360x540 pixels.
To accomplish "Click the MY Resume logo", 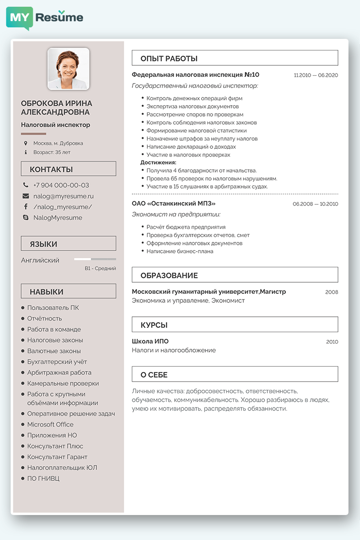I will pyautogui.click(x=45, y=18).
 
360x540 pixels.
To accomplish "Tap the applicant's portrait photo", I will pyautogui.click(x=69, y=69).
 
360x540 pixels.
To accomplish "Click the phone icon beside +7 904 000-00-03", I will pyautogui.click(x=25, y=185).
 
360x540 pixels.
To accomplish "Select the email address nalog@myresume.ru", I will pyautogui.click(x=63, y=196).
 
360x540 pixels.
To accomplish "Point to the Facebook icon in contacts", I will pyautogui.click(x=25, y=207).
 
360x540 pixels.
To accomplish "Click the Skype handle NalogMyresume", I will pyautogui.click(x=58, y=217).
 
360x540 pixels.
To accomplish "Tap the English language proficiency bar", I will pyautogui.click(x=95, y=259).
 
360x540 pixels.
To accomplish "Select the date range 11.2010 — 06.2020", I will pyautogui.click(x=316, y=75).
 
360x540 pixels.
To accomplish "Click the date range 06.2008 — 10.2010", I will pyautogui.click(x=315, y=204).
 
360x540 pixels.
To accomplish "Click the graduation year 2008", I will pyautogui.click(x=332, y=292).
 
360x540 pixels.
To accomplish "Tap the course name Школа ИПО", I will pyautogui.click(x=150, y=341).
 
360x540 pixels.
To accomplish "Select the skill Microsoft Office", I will pyautogui.click(x=50, y=424).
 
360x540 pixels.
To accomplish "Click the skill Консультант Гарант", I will pyautogui.click(x=57, y=457).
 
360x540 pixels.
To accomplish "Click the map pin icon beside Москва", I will pyautogui.click(x=25, y=143).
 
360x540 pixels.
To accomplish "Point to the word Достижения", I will pyautogui.click(x=158, y=163).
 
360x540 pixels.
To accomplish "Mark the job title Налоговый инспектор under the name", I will pyautogui.click(x=56, y=125).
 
